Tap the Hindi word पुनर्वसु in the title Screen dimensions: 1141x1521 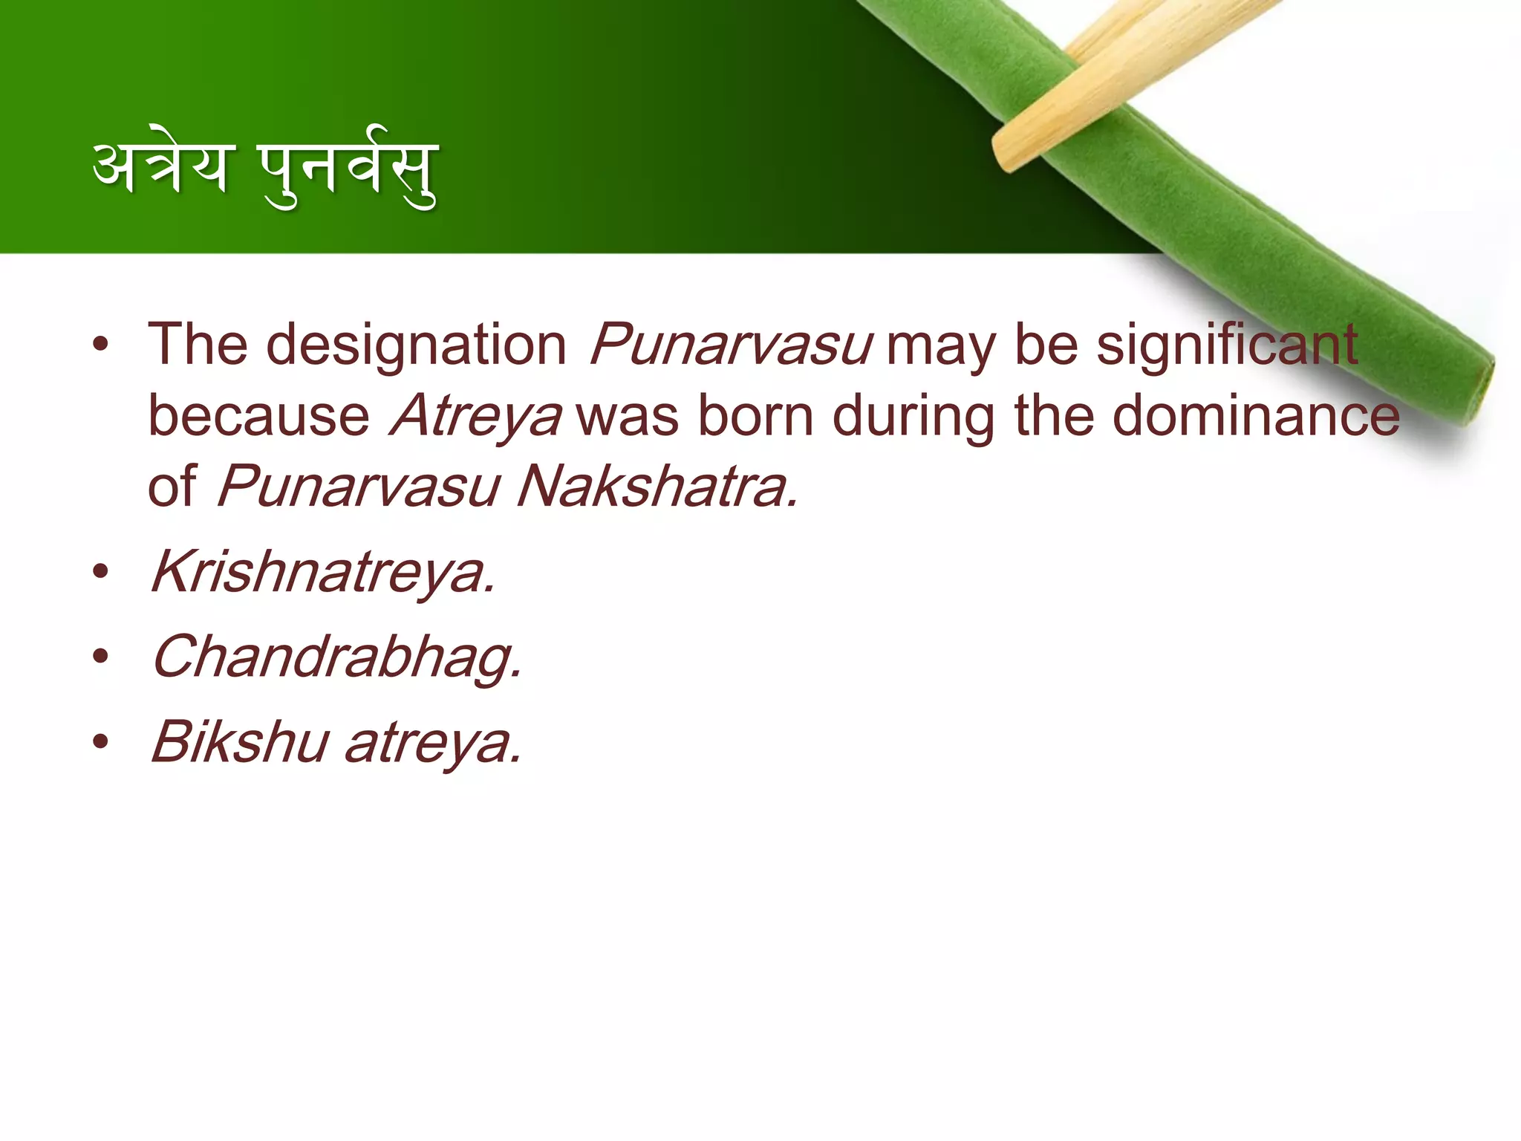coord(348,172)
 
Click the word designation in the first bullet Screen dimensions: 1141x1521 coord(416,345)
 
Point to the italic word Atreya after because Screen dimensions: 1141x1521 coord(475,417)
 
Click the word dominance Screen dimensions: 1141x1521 coord(1255,416)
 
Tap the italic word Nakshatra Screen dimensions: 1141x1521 coord(657,487)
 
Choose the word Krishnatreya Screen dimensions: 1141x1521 coord(323,573)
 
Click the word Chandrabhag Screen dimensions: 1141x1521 coord(336,658)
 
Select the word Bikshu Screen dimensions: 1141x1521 coord(240,742)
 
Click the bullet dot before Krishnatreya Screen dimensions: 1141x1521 coord(101,572)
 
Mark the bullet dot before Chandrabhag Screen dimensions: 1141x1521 coord(101,657)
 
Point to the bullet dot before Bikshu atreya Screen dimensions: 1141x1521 coord(101,741)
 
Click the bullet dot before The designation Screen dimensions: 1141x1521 coord(101,345)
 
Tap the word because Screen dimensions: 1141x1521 coord(258,416)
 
